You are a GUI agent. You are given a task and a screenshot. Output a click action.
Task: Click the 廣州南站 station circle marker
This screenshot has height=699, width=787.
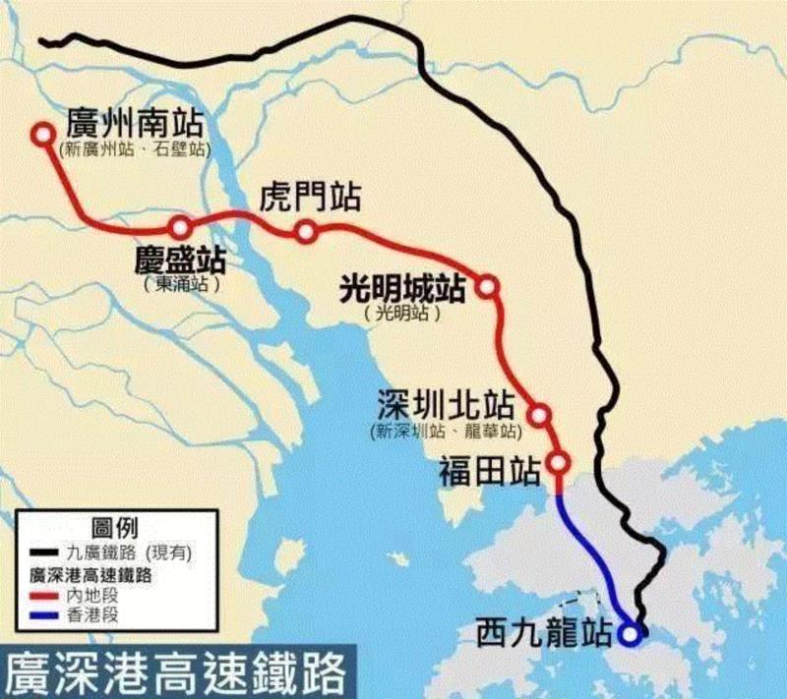point(42,136)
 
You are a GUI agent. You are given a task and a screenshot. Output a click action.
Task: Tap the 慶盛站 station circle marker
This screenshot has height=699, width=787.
point(180,227)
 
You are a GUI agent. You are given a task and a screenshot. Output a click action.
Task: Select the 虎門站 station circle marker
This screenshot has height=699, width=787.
point(306,231)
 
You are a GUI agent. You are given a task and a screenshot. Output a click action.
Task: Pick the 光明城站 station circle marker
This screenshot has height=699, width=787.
point(487,286)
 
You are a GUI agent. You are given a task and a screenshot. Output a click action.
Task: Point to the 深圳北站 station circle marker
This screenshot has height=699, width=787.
point(539,413)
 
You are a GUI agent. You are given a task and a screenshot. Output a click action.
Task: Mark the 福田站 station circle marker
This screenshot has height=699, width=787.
point(559,462)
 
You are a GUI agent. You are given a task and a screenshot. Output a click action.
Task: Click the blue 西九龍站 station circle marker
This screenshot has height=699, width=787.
point(629,634)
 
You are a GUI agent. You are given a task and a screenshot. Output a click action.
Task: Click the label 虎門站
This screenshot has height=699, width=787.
point(310,197)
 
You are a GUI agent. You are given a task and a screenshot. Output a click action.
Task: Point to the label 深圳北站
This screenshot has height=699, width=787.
point(448,407)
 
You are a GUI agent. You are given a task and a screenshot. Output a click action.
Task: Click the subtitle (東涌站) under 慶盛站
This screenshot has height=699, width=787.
point(180,285)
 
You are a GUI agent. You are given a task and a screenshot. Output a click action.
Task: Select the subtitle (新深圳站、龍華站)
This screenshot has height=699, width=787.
point(447,432)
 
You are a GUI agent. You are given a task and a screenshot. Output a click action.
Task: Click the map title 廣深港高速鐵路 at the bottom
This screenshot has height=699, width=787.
point(178,671)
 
